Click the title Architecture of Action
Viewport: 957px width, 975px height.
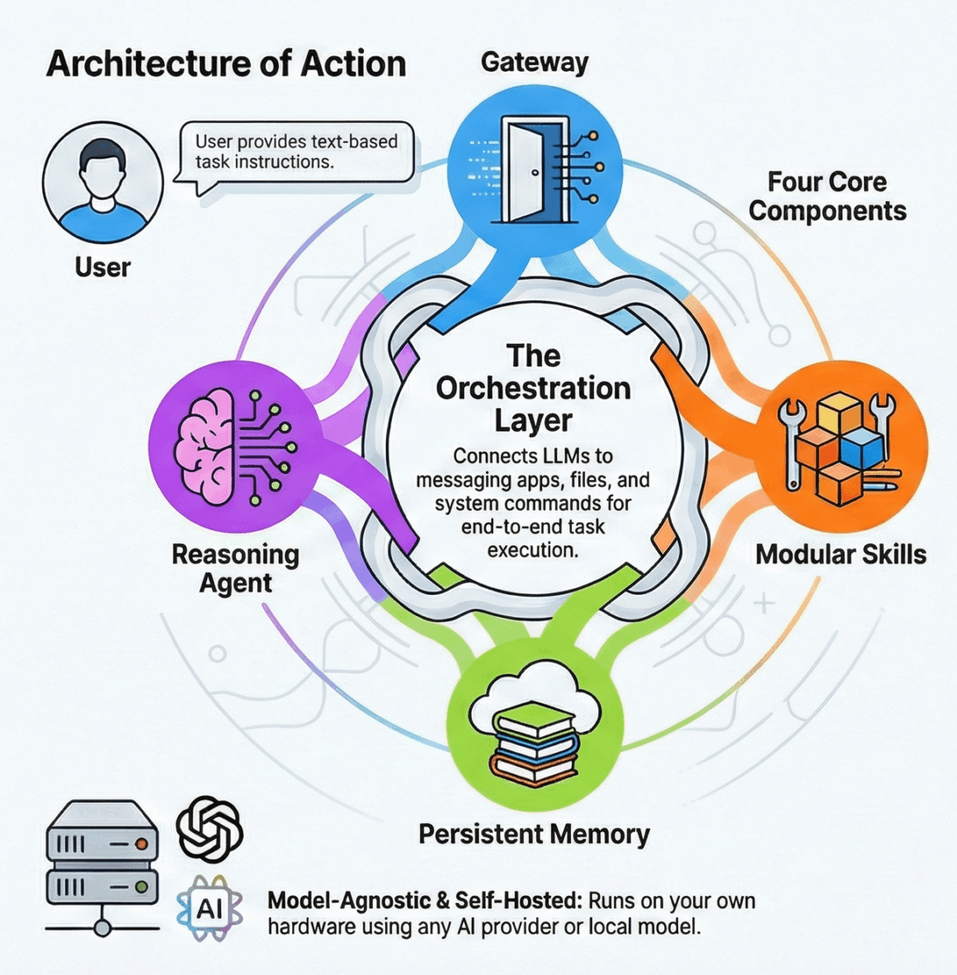tap(226, 64)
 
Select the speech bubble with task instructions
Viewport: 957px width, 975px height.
tap(296, 153)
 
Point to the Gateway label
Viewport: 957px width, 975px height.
tap(535, 63)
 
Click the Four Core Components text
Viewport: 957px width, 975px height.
tap(827, 196)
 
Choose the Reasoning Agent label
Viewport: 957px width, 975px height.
tap(235, 568)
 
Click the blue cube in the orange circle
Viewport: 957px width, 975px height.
tap(863, 446)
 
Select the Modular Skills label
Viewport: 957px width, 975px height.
tap(841, 554)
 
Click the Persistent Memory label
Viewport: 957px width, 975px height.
tap(534, 834)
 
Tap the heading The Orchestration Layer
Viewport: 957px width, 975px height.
tap(534, 388)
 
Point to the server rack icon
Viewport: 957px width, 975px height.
tap(102, 866)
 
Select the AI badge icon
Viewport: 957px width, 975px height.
tap(210, 909)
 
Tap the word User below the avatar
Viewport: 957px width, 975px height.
tap(102, 267)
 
